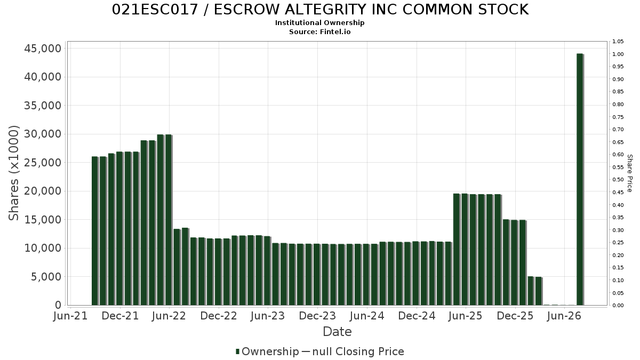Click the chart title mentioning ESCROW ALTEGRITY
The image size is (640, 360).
(x=320, y=10)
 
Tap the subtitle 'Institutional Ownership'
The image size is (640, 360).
(x=319, y=23)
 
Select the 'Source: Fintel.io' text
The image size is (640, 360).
(x=319, y=31)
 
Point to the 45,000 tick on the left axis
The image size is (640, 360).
(x=43, y=49)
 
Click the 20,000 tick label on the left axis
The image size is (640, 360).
(x=43, y=191)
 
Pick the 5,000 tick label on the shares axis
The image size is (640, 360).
(x=46, y=277)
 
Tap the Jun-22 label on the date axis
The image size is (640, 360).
(x=169, y=316)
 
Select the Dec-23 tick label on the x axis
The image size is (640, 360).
(x=317, y=316)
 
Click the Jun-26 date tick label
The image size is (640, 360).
(x=564, y=316)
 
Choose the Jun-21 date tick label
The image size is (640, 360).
(x=70, y=316)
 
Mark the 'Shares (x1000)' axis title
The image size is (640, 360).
(x=13, y=173)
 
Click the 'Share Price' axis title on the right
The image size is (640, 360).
(x=630, y=173)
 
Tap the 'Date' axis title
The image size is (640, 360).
(x=337, y=332)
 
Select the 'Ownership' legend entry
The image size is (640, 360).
(x=267, y=351)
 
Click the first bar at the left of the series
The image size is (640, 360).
(x=95, y=231)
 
